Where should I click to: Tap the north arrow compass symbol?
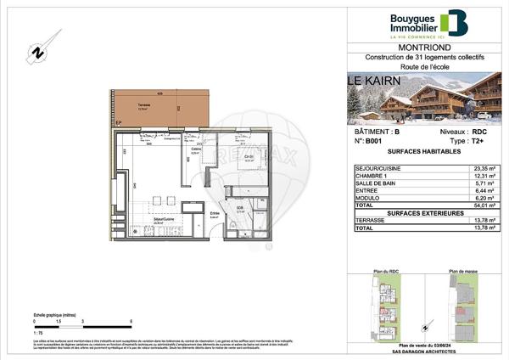[x=38, y=53]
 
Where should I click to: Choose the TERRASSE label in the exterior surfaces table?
[x=376, y=220]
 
